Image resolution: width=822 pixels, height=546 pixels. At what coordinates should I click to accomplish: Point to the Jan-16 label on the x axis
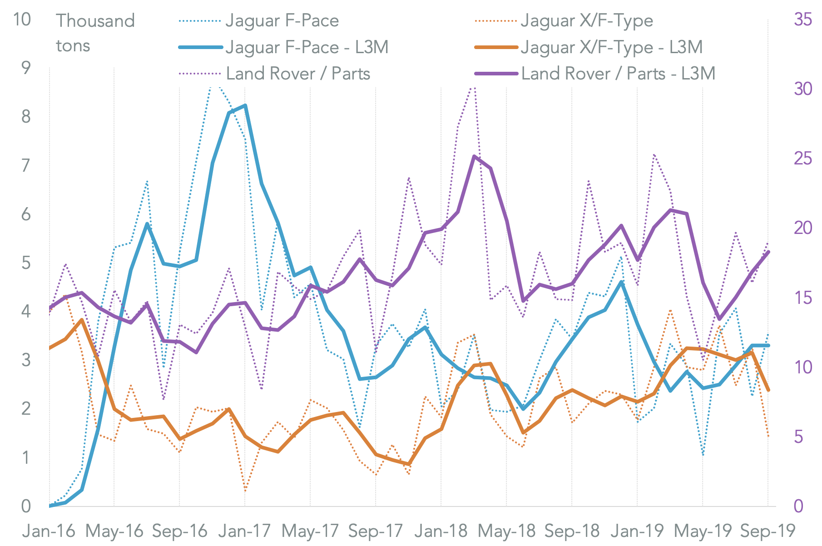click(x=49, y=531)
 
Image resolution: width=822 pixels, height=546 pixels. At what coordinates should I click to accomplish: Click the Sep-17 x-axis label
click(x=376, y=531)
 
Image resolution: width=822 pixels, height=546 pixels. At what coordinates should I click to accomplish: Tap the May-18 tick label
click(x=506, y=531)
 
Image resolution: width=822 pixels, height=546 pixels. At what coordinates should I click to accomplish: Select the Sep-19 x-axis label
click(x=768, y=531)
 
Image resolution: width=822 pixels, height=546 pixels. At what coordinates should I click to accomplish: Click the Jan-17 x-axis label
click(x=245, y=531)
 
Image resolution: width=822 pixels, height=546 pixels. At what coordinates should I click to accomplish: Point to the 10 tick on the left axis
click(x=22, y=20)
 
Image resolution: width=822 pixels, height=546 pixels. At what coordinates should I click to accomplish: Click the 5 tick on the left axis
click(x=26, y=263)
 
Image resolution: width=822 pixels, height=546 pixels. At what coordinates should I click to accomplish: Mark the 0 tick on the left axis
click(x=26, y=506)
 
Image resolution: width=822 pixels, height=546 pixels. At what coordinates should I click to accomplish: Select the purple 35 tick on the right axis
click(x=802, y=20)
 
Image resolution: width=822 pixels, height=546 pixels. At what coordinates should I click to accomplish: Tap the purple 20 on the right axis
click(x=802, y=228)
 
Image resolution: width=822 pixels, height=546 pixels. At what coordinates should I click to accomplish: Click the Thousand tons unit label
click(x=95, y=33)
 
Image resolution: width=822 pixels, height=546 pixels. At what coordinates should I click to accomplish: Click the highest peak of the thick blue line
click(x=245, y=105)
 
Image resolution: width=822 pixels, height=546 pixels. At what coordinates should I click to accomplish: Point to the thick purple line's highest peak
click(x=474, y=156)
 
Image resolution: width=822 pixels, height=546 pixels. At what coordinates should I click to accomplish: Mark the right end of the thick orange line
click(x=768, y=390)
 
